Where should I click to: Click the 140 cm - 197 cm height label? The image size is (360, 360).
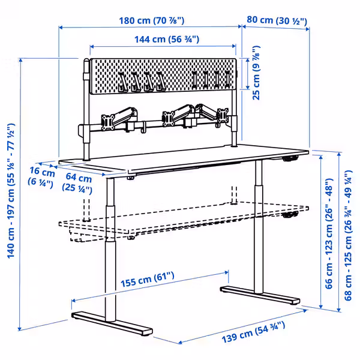(x=10, y=191)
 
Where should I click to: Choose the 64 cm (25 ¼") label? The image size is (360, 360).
(x=79, y=183)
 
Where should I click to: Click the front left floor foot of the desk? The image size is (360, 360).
(x=112, y=323)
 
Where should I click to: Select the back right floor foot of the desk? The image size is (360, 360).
(x=259, y=295)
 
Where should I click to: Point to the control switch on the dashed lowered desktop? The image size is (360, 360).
(x=290, y=215)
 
